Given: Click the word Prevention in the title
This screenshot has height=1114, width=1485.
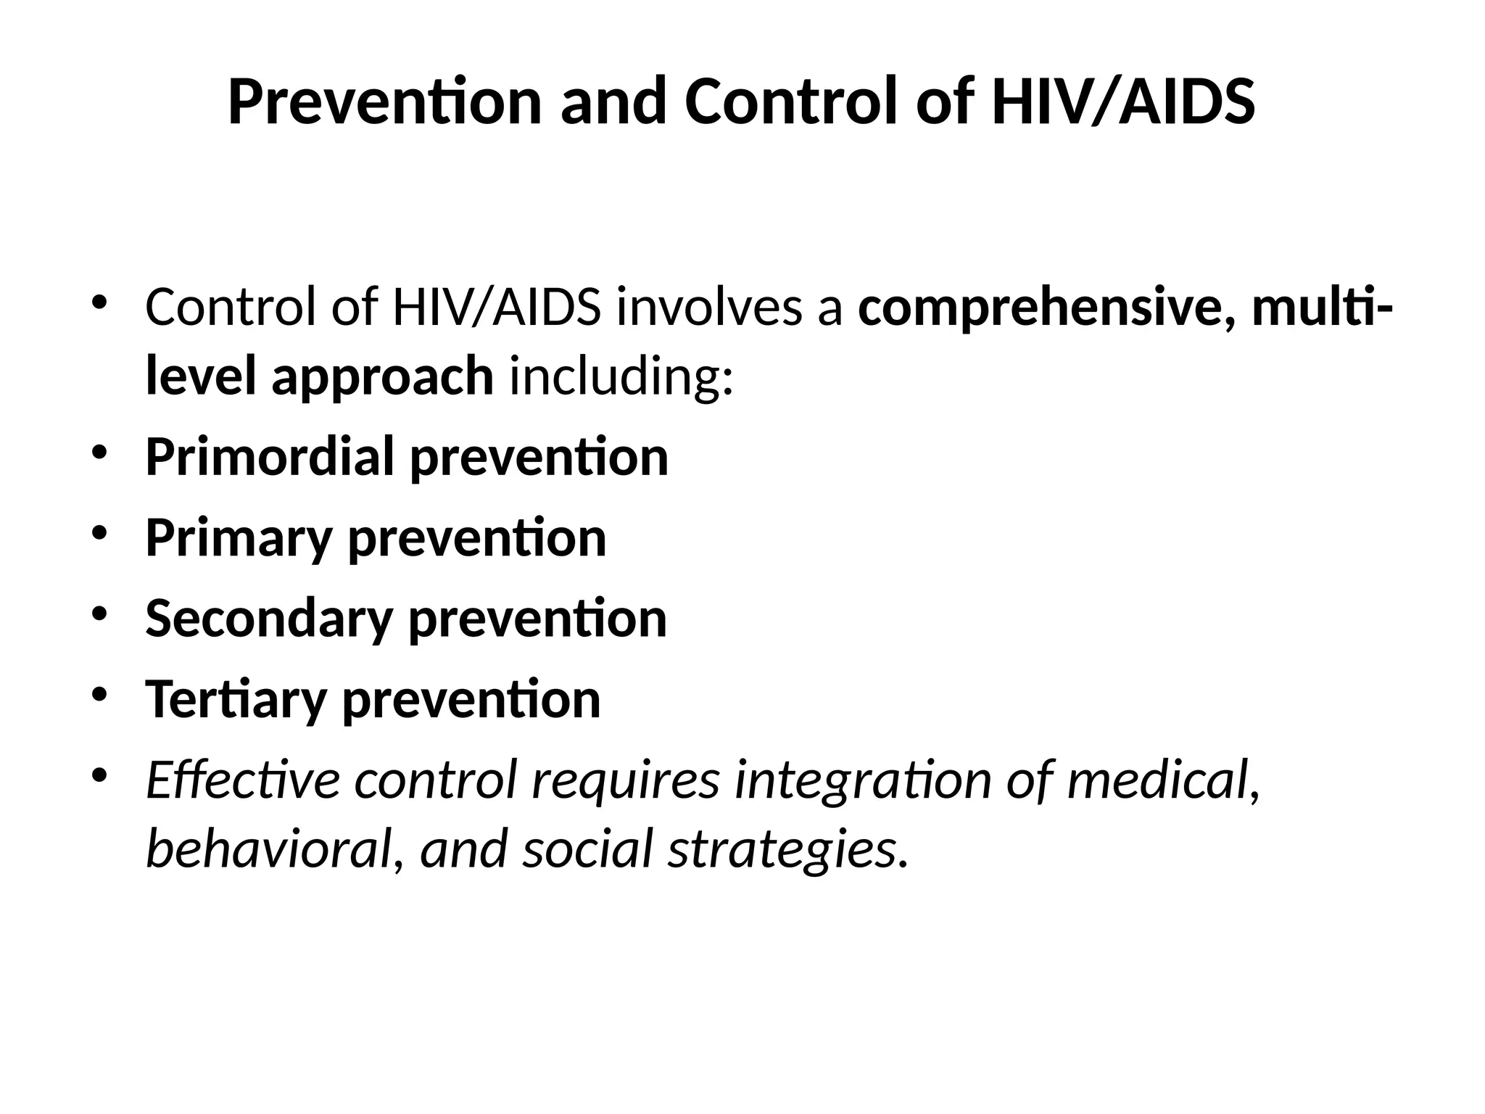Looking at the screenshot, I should pos(384,102).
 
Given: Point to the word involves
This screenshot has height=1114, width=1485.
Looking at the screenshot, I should pos(729,308).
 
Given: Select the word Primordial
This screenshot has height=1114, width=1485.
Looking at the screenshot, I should pos(270,457).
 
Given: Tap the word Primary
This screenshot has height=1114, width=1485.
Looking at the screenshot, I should pos(239,538).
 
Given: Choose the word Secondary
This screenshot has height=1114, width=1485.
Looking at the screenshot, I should pos(269,619).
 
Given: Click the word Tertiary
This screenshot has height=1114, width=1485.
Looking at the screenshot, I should pos(236,700).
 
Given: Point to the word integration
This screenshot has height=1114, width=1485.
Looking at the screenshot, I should pos(862,780).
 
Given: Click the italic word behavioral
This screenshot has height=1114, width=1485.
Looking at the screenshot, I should pos(269,849).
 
